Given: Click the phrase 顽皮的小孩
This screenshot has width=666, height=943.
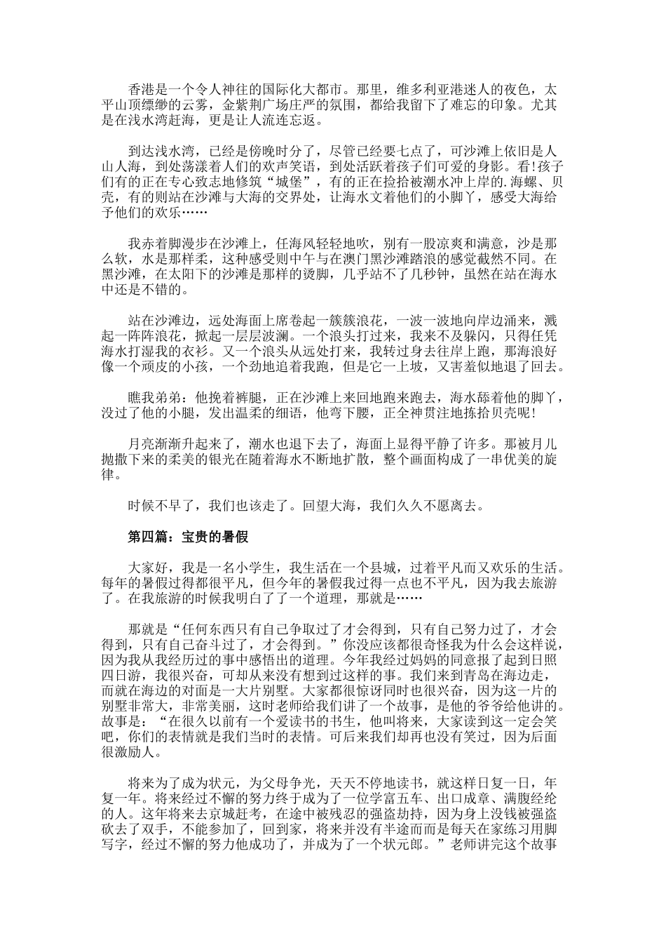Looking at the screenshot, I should (x=165, y=367).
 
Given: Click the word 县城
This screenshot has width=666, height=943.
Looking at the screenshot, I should (x=444, y=567).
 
